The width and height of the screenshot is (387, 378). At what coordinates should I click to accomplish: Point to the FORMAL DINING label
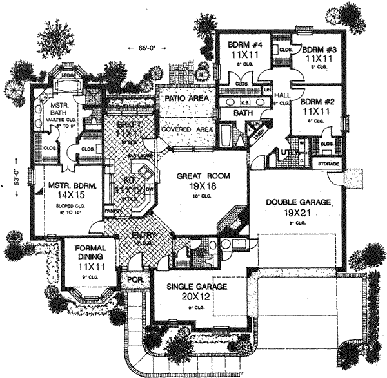coord(91,252)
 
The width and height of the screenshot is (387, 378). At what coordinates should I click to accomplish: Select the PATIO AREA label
coord(186,100)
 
